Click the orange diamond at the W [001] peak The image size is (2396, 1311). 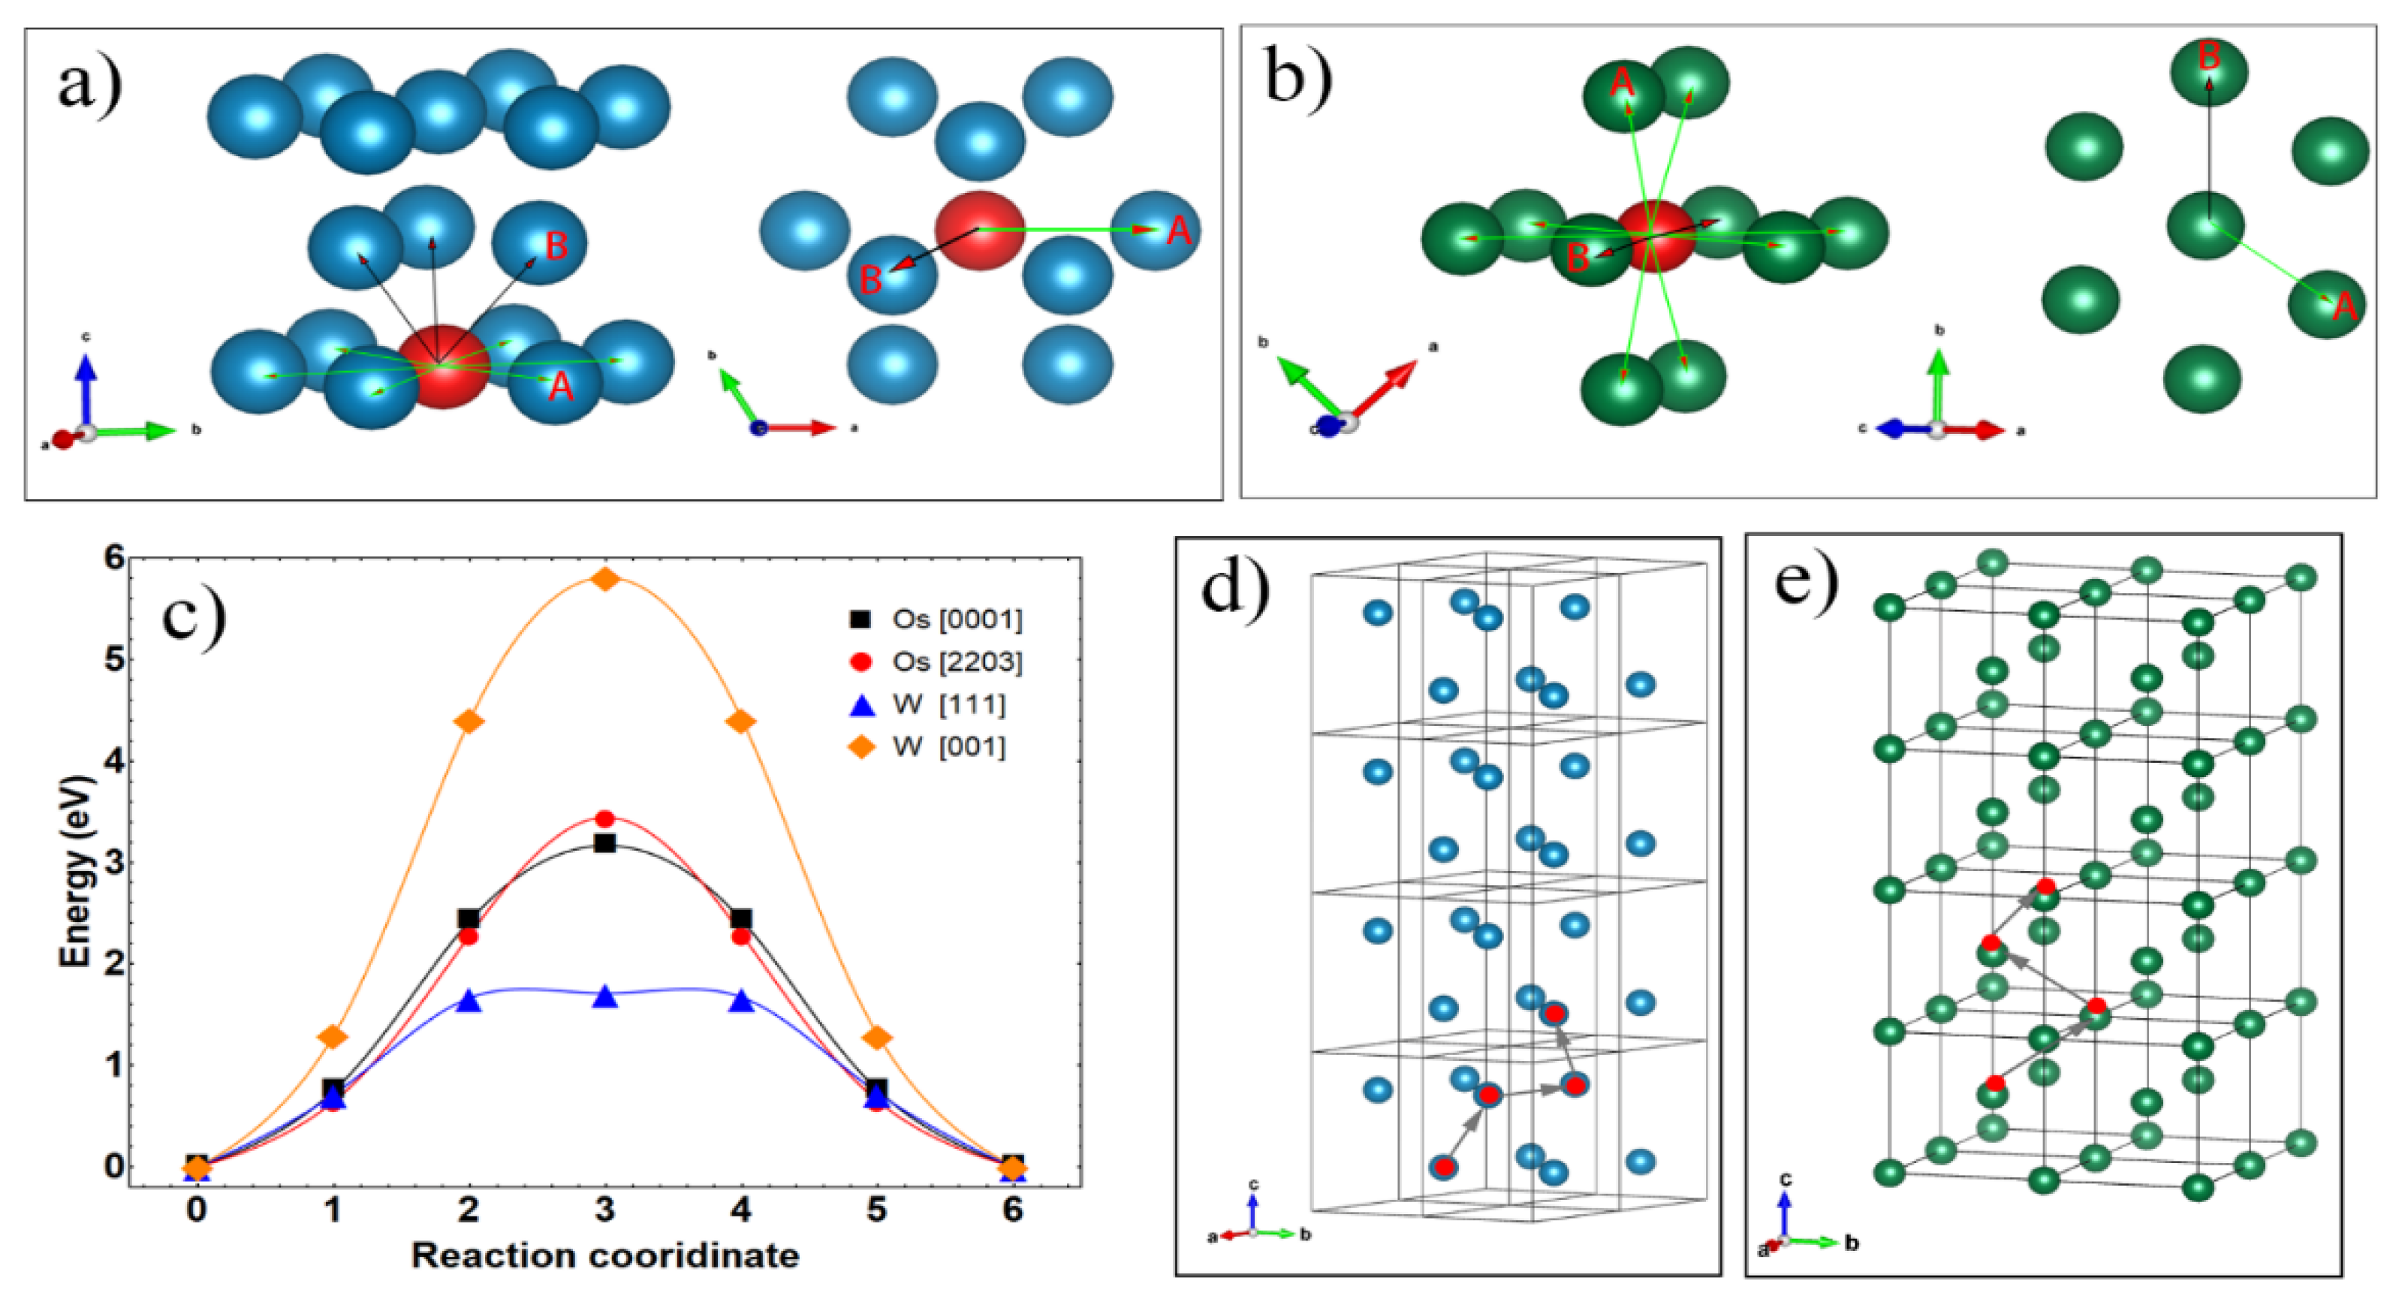[x=605, y=579]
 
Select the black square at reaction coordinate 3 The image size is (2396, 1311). [x=605, y=843]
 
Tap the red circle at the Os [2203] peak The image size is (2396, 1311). [x=605, y=818]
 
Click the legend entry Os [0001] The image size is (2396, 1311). [x=956, y=619]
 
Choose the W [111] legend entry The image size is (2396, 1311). [x=949, y=704]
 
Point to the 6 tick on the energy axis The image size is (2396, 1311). [x=114, y=559]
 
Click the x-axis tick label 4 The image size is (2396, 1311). [x=741, y=1210]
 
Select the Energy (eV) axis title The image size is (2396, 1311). [x=77, y=870]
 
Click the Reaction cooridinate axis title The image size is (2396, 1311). [x=605, y=1255]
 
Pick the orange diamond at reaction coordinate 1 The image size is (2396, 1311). [x=333, y=1036]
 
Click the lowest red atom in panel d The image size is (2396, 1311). [x=1444, y=1166]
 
